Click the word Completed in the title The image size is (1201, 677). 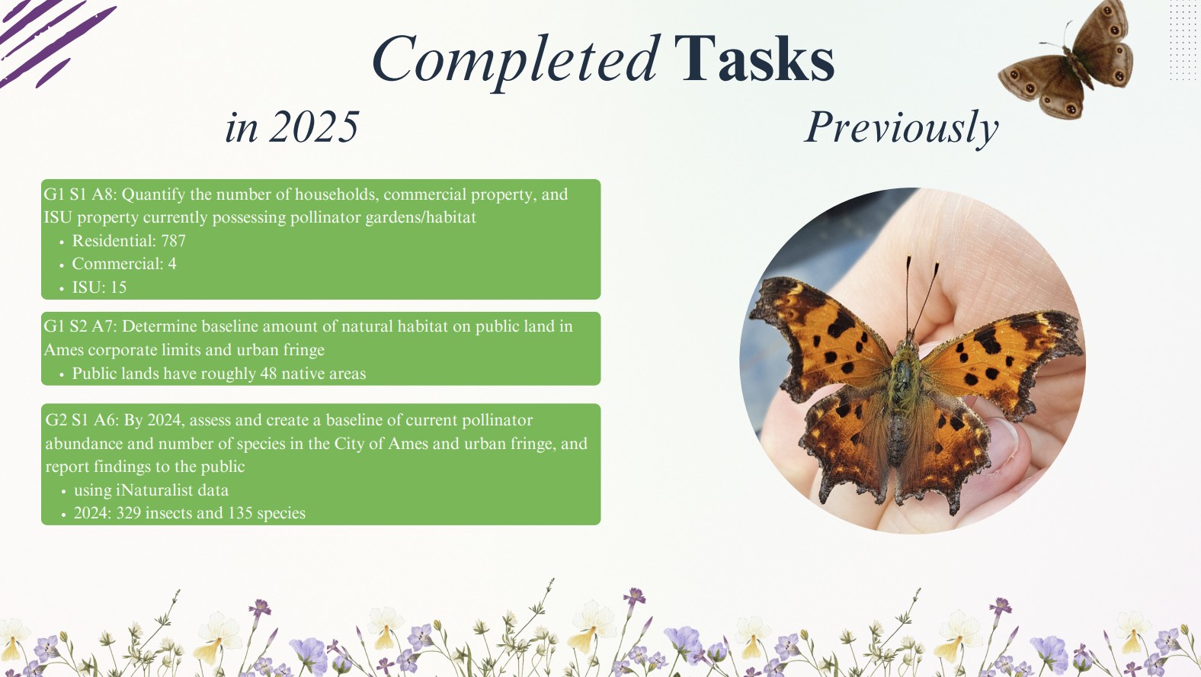click(515, 61)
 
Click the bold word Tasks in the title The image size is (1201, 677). click(754, 58)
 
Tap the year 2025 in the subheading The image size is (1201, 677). click(314, 127)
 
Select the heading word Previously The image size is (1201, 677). click(902, 128)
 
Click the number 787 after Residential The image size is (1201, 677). click(173, 241)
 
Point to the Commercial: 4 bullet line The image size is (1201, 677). click(124, 264)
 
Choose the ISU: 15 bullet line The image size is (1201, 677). click(99, 287)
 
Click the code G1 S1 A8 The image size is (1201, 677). click(79, 194)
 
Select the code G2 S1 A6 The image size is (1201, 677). click(81, 420)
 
